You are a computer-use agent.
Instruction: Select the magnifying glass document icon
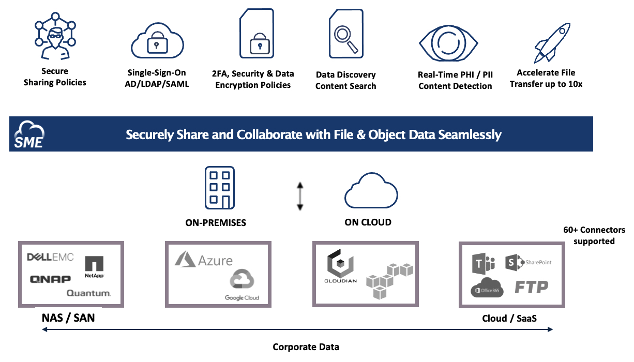point(346,35)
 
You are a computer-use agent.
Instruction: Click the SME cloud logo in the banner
point(29,134)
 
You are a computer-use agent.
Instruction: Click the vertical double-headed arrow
point(299,197)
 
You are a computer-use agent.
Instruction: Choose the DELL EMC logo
point(50,258)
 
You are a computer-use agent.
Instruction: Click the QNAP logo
point(50,279)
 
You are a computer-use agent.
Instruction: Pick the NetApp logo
point(95,267)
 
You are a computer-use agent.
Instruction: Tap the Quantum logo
point(88,294)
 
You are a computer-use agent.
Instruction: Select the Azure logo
point(203,260)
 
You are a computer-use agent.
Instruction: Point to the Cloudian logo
point(340,268)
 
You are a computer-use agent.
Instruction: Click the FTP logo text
point(531,287)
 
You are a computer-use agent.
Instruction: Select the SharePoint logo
point(528,262)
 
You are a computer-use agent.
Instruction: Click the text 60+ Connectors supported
point(594,235)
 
